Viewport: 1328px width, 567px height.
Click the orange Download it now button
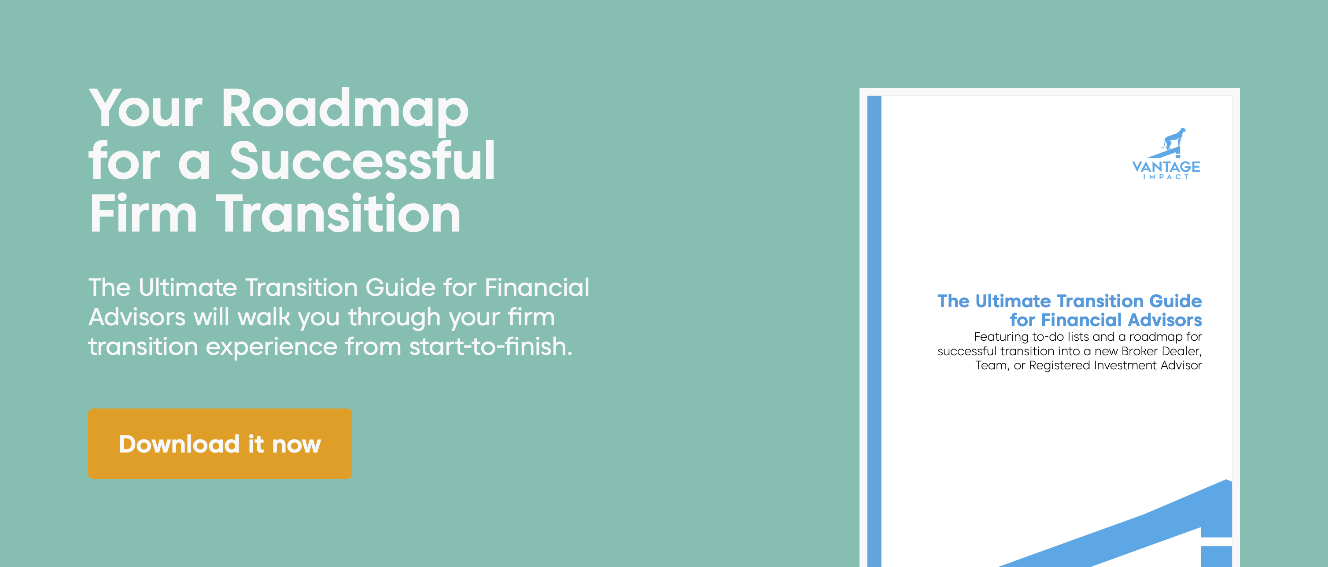tap(220, 444)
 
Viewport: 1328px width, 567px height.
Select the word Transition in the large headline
tap(338, 214)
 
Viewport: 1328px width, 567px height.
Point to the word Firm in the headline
tap(143, 214)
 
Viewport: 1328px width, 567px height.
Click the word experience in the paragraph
tap(271, 346)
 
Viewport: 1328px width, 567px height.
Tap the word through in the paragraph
tap(395, 317)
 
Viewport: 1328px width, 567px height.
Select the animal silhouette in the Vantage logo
tap(1173, 140)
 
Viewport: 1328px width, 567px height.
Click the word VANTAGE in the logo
tap(1166, 166)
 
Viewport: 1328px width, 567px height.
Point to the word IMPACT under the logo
tap(1166, 177)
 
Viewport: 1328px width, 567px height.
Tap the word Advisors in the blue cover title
tap(1165, 320)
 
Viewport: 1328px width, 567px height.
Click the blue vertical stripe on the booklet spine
tap(874, 330)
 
